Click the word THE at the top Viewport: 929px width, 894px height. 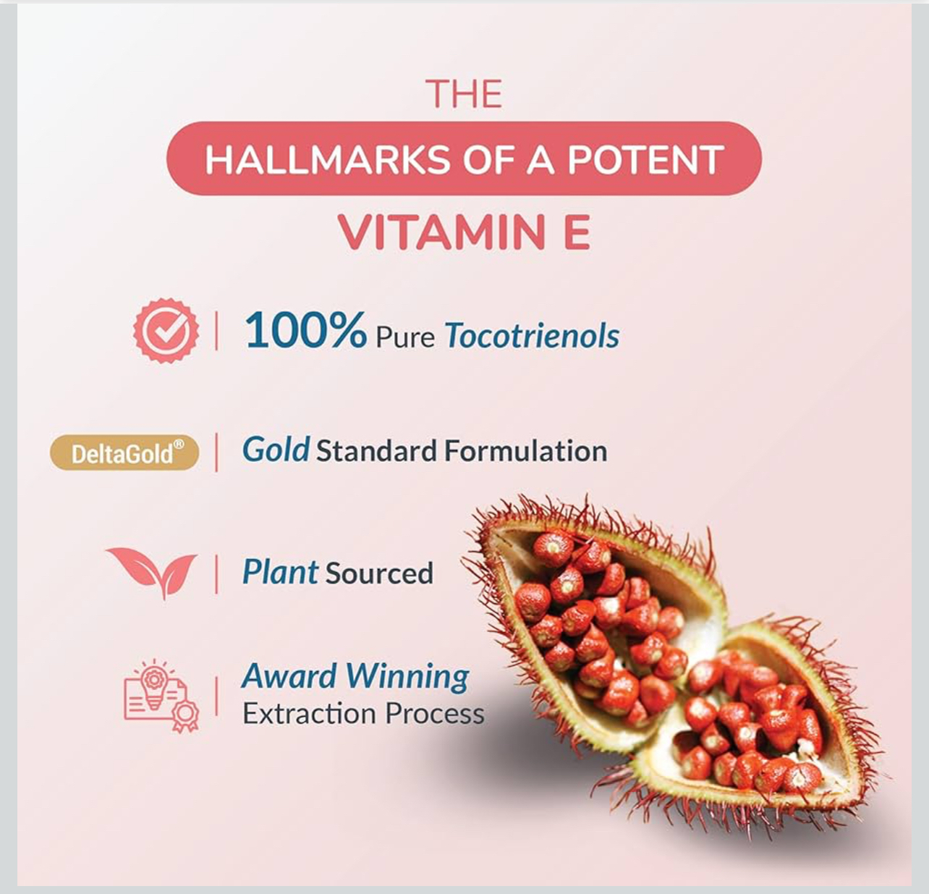click(x=464, y=94)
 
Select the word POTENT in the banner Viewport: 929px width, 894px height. click(x=645, y=159)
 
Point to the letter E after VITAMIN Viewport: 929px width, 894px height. click(x=577, y=232)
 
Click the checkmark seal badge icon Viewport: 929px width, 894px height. click(x=166, y=330)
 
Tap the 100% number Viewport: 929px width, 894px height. click(x=305, y=331)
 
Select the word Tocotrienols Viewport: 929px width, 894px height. click(x=533, y=335)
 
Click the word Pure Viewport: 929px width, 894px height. click(x=405, y=337)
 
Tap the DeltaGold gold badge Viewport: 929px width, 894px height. click(x=124, y=452)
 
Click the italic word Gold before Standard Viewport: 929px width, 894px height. click(x=276, y=450)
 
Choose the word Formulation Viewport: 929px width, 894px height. click(x=525, y=451)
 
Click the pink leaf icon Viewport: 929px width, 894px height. click(x=152, y=573)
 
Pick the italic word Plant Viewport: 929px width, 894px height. click(x=280, y=572)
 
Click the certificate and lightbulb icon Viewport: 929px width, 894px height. click(x=161, y=696)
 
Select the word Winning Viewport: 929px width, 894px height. click(x=407, y=678)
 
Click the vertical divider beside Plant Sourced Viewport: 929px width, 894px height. click(x=217, y=574)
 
